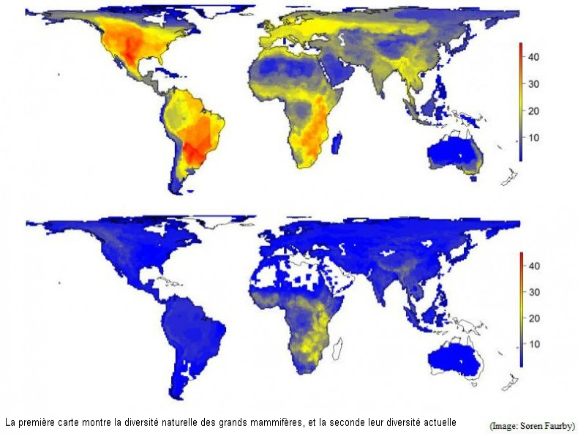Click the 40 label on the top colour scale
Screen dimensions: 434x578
534,57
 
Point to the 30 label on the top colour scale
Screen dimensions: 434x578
534,84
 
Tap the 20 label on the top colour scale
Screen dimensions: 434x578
534,111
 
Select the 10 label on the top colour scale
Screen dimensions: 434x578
534,137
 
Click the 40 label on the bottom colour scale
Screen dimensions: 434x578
534,266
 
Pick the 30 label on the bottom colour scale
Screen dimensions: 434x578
534,292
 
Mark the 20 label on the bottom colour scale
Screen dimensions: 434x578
534,318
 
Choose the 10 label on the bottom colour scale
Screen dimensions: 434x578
534,344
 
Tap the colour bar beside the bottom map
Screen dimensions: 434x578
520,309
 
